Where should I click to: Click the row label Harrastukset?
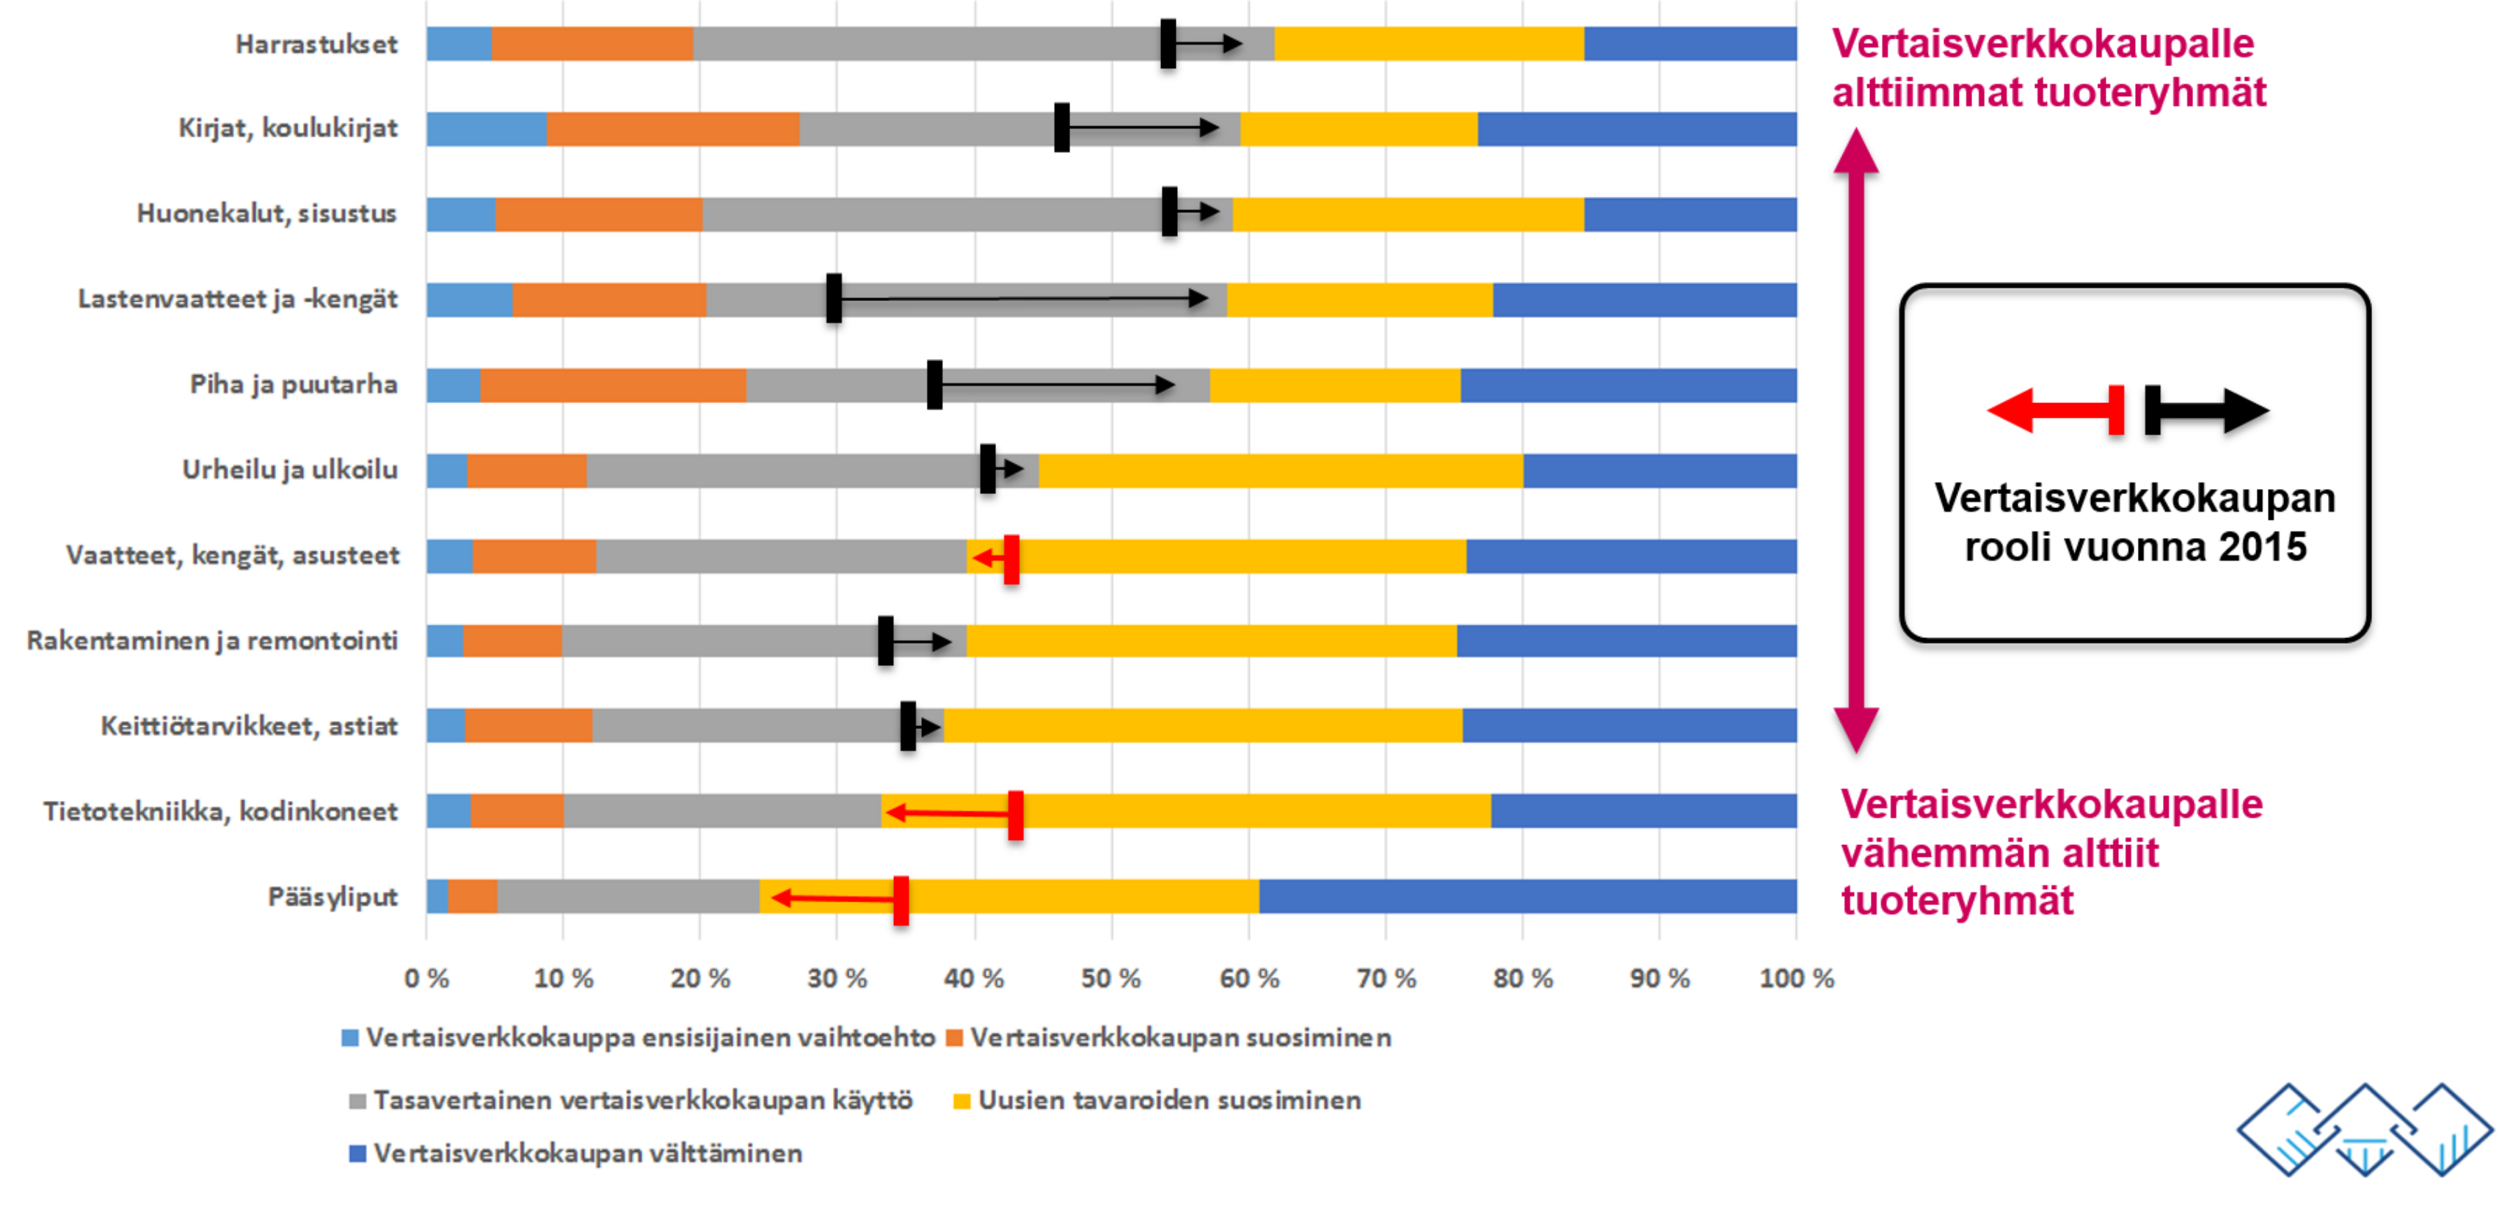(316, 45)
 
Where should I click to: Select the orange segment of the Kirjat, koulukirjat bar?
(672, 128)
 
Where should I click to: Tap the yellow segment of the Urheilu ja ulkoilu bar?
(1280, 471)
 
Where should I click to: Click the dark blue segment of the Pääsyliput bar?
(1527, 896)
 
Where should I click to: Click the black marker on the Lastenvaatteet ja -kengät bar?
(834, 299)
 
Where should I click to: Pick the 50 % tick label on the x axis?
(1110, 978)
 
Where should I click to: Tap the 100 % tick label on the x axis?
(1796, 978)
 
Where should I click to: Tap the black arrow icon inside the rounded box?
(2207, 410)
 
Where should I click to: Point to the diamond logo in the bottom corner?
(2364, 1130)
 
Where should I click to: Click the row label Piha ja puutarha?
(294, 385)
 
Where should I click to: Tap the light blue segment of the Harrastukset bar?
(459, 45)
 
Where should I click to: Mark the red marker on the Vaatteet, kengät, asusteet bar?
(1011, 559)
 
